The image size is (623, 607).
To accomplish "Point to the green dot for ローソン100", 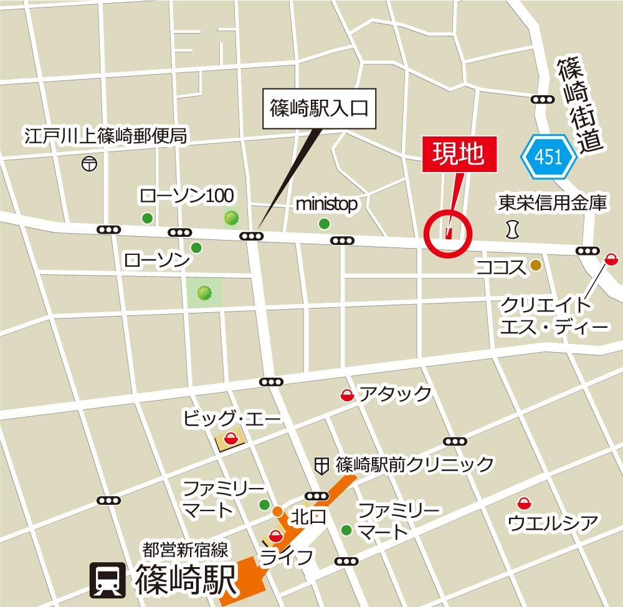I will (147, 217).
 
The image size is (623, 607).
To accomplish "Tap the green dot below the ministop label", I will (323, 224).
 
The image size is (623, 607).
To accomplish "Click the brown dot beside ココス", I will (535, 266).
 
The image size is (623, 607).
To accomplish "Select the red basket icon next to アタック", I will (346, 394).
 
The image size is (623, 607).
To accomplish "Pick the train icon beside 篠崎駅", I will (107, 580).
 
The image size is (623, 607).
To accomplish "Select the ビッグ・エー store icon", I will (231, 439).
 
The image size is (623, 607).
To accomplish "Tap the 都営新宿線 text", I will (187, 550).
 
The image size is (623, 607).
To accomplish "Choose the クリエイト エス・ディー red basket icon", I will (612, 258).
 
